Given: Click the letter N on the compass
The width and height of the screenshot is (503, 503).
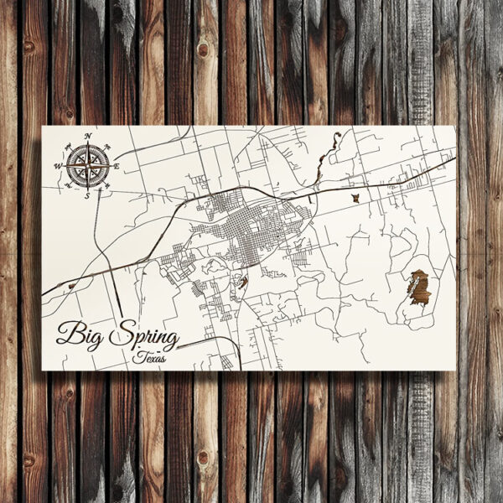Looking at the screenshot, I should (87, 136).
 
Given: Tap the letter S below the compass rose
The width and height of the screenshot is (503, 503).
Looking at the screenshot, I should (86, 195).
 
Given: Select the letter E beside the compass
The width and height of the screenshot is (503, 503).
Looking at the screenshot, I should (117, 167).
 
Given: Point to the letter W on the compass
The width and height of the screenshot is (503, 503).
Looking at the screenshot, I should (58, 166).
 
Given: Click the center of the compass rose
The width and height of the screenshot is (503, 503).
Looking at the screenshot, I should (87, 165).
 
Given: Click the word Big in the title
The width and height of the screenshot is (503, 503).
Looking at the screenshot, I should (81, 335).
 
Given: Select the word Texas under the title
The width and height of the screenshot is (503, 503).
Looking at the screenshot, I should (150, 358).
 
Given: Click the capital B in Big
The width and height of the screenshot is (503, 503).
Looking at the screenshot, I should (68, 334).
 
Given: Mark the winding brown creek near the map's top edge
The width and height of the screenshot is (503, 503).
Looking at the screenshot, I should (326, 158).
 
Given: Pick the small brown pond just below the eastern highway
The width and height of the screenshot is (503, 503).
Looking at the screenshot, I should (355, 198).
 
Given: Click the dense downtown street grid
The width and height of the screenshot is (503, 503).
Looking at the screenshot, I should (251, 226).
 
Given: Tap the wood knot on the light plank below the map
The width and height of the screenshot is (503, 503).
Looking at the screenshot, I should (202, 458).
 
